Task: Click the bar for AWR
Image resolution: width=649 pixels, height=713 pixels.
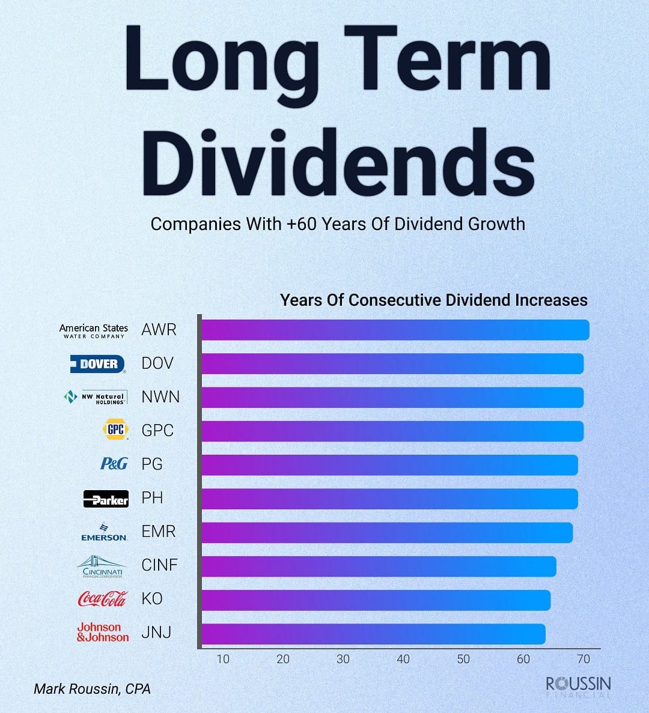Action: click(x=395, y=330)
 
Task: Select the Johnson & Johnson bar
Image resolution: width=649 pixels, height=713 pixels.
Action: click(x=373, y=634)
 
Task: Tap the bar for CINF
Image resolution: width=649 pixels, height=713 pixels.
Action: click(x=378, y=566)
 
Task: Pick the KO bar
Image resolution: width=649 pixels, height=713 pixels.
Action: click(x=376, y=600)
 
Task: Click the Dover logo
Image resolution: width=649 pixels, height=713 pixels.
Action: click(x=98, y=364)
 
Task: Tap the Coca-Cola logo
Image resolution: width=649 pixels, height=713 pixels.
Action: click(x=103, y=599)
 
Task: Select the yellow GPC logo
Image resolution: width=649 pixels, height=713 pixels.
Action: click(x=115, y=429)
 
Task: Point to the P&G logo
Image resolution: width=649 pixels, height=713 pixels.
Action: click(x=114, y=464)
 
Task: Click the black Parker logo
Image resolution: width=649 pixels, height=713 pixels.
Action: click(x=106, y=499)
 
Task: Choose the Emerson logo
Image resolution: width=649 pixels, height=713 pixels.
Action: click(x=104, y=532)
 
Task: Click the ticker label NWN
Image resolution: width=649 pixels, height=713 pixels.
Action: click(x=160, y=397)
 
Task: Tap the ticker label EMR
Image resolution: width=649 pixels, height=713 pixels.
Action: click(x=159, y=532)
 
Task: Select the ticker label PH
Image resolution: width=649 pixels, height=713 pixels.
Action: click(x=152, y=498)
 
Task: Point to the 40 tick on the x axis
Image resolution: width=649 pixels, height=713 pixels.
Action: click(x=403, y=659)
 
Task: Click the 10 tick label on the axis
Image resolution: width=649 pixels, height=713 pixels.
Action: click(x=223, y=659)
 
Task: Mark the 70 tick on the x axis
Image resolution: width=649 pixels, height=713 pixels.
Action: click(x=583, y=659)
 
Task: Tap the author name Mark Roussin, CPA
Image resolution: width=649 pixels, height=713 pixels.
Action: click(x=92, y=689)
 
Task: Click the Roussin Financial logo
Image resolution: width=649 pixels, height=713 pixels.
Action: click(x=578, y=687)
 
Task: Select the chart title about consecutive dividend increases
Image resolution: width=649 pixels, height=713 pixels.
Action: click(x=434, y=300)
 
